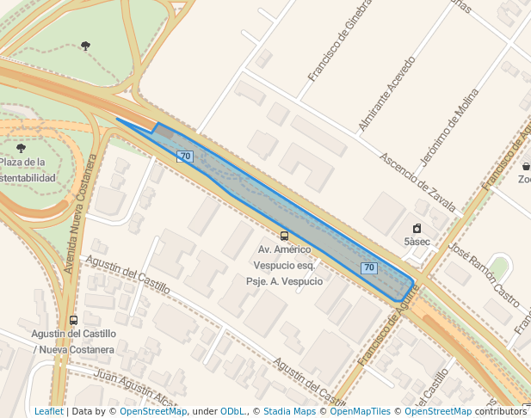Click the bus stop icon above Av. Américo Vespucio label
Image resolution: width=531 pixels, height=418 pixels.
pyautogui.click(x=284, y=236)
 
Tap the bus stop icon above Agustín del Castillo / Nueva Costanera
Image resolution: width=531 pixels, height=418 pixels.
pyautogui.click(x=73, y=321)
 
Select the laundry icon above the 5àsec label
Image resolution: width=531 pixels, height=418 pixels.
pyautogui.click(x=417, y=228)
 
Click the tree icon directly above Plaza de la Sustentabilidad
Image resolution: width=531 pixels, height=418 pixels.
pyautogui.click(x=22, y=148)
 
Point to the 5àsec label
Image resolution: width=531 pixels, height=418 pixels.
pyautogui.click(x=417, y=242)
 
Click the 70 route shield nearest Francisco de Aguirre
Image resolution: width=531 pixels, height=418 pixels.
pyautogui.click(x=369, y=268)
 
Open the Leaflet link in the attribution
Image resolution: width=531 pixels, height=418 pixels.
pyautogui.click(x=48, y=412)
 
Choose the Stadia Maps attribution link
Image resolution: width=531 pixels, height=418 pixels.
pyautogui.click(x=289, y=412)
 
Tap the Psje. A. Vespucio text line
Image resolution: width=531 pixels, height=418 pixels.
pyautogui.click(x=284, y=281)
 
